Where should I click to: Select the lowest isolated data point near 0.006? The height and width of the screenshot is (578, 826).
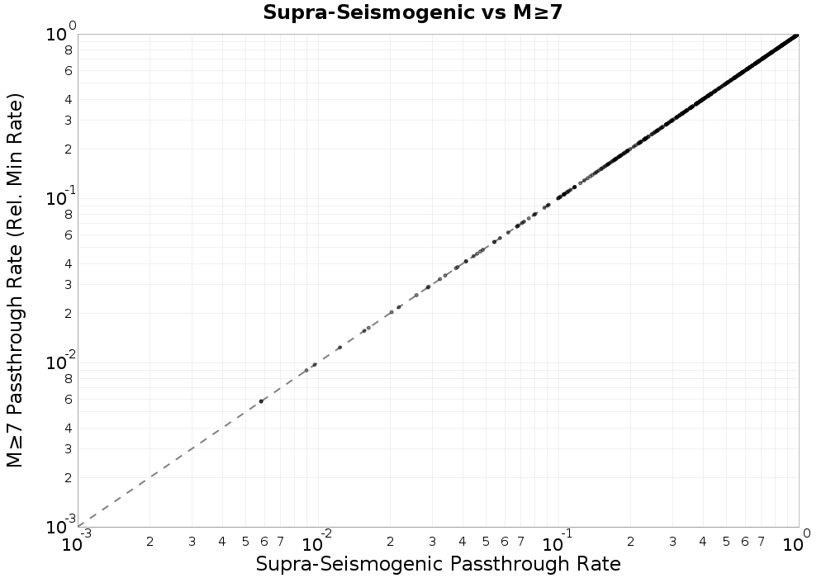(261, 401)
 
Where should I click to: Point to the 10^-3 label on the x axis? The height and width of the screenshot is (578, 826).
(78, 544)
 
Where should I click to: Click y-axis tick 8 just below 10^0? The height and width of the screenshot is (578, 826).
(69, 50)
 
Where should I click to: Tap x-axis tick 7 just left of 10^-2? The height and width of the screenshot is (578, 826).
(281, 542)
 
